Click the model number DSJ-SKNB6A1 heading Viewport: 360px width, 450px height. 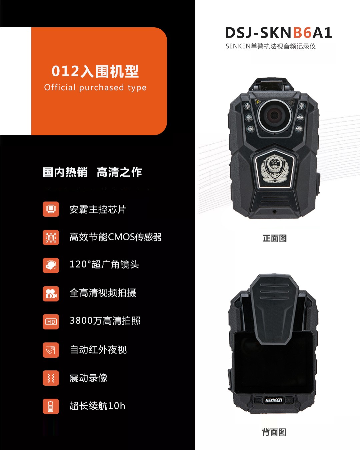tap(278, 33)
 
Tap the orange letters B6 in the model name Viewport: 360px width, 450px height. tap(302, 33)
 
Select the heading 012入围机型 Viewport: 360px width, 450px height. tap(95, 71)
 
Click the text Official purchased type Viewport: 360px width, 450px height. tap(95, 87)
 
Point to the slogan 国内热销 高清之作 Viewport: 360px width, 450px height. tap(92, 172)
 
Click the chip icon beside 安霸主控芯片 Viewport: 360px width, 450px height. tap(51, 209)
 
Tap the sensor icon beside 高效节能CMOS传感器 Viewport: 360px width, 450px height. tap(51, 237)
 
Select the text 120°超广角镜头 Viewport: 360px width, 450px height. tap(104, 264)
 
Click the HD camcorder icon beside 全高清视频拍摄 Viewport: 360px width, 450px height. tap(51, 293)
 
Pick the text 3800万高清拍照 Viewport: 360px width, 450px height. tap(105, 320)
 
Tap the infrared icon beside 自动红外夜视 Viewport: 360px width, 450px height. tap(51, 350)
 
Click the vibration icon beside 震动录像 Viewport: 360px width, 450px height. tap(51, 378)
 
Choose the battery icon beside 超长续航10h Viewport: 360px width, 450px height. tap(51, 406)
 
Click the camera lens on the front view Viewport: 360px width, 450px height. tap(274, 115)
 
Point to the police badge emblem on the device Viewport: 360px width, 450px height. tap(274, 169)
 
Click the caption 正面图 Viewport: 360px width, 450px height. tap(275, 238)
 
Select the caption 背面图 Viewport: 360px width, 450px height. tap(274, 432)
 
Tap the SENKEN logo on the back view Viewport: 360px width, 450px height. tap(274, 400)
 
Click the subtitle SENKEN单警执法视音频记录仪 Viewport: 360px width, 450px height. tap(270, 46)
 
